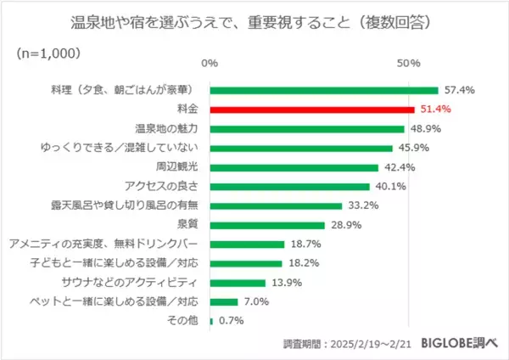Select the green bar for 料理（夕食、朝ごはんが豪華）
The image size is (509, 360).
pyautogui.click(x=323, y=90)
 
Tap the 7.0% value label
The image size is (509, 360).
pyautogui.click(x=257, y=302)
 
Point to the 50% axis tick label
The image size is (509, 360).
pyautogui.click(x=409, y=64)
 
